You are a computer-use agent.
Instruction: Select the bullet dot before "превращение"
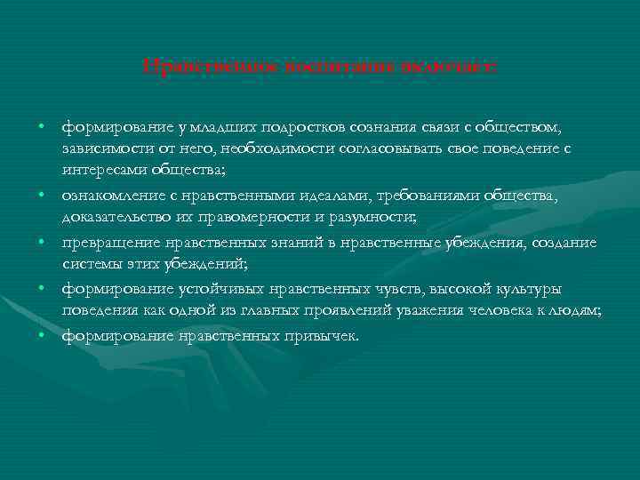(x=43, y=241)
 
